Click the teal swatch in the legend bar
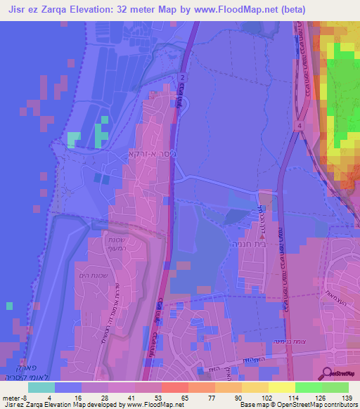tap(41, 387)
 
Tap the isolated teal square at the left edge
tap(9, 306)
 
